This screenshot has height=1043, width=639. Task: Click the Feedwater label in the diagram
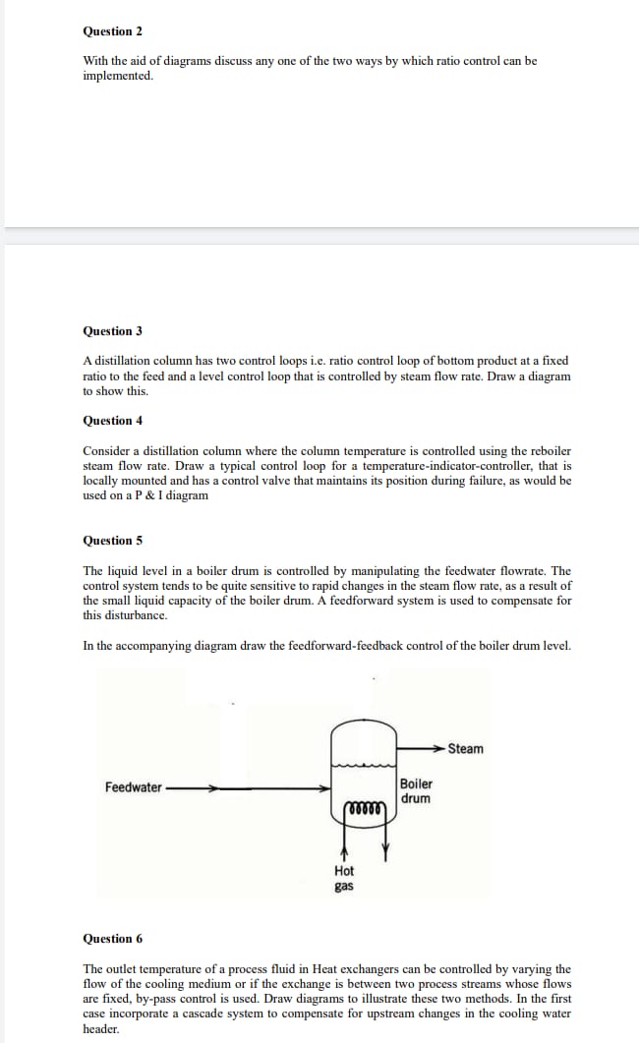134,787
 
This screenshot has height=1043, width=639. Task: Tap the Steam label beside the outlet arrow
465,749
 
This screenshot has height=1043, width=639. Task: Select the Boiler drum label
416,791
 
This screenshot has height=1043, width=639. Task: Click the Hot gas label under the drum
344,878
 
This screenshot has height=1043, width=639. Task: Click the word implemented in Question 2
118,76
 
